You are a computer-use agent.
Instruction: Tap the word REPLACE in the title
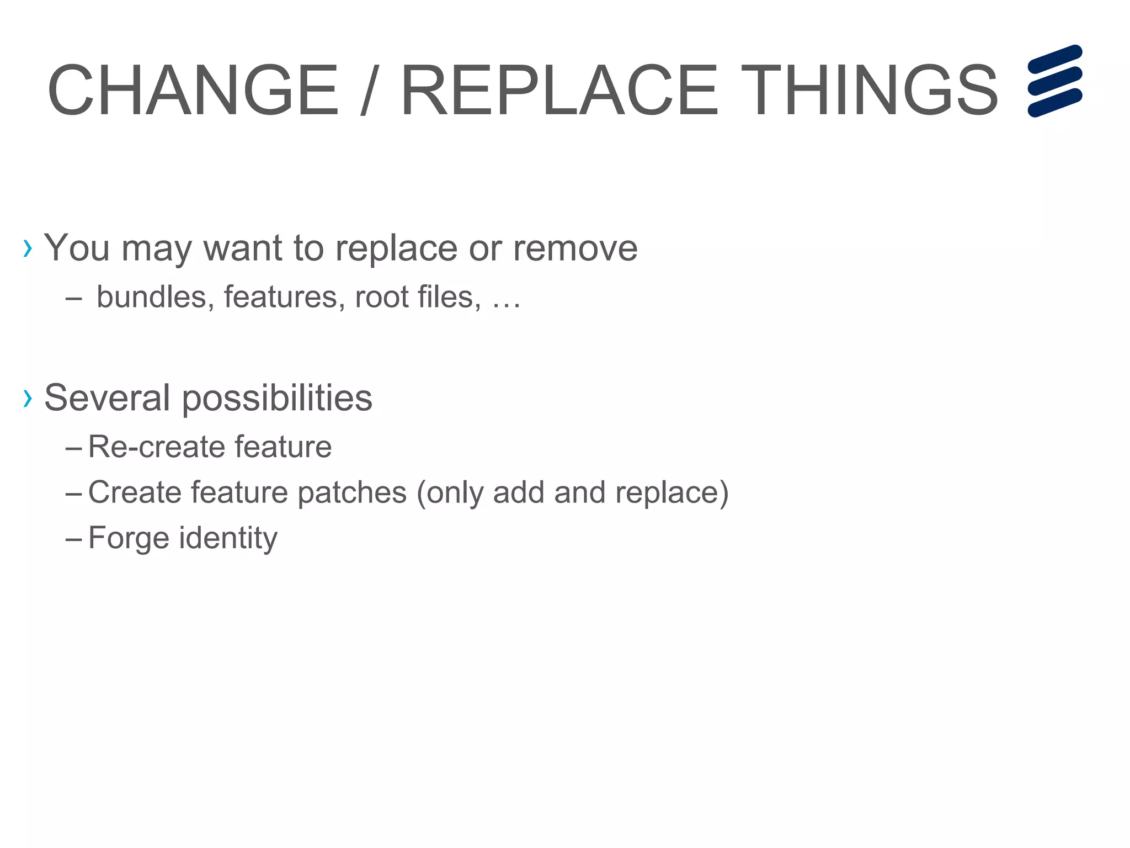tap(559, 91)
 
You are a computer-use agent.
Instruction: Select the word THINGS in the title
tap(868, 91)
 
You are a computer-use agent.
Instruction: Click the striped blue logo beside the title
tap(1054, 81)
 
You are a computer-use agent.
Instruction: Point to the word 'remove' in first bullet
tap(575, 248)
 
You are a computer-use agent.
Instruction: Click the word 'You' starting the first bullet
tap(77, 248)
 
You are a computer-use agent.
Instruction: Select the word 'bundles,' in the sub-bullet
tap(155, 297)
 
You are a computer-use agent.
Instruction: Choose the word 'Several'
tap(107, 397)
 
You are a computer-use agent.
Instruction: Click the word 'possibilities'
tap(277, 399)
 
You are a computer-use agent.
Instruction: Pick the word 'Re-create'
tap(156, 447)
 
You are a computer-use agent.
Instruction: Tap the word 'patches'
tap(351, 492)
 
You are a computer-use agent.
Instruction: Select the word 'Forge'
tap(128, 538)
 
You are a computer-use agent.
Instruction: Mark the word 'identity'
tap(228, 538)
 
